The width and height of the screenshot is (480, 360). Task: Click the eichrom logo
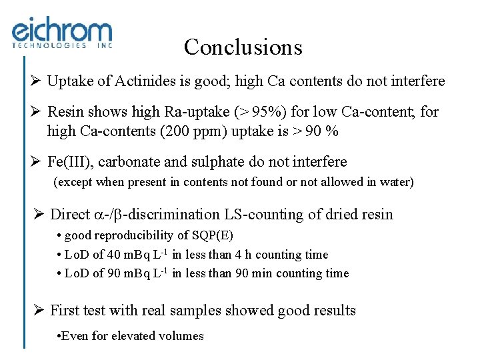coord(62,34)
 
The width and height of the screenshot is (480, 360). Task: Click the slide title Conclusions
coord(243,47)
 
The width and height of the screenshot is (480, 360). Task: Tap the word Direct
coord(69,214)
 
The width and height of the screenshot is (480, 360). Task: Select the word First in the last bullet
coord(65,310)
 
